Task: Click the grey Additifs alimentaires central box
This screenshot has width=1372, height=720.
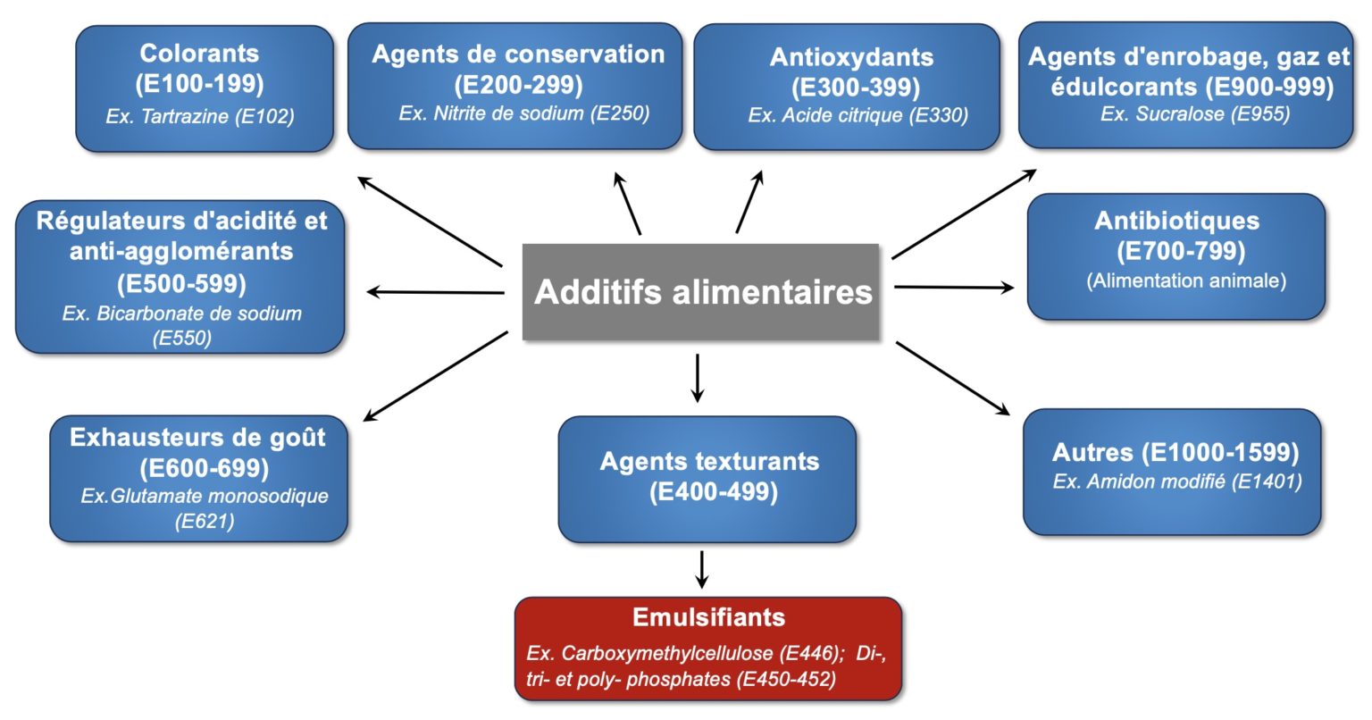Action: point(701,292)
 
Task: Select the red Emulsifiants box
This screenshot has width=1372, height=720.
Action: point(708,648)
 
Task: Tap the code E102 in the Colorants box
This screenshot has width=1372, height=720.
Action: point(264,116)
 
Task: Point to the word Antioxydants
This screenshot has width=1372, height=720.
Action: point(851,58)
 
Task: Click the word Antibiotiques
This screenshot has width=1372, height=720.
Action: point(1176,221)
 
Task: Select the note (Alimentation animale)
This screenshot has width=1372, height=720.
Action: point(1186,280)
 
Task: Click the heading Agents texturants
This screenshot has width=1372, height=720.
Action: point(709,462)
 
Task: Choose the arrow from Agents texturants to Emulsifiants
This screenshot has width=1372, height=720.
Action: point(702,569)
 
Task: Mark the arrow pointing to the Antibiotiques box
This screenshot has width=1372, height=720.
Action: point(954,288)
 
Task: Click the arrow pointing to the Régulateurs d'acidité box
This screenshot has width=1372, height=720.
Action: point(436,292)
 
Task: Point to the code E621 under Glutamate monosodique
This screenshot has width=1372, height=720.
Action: point(205,521)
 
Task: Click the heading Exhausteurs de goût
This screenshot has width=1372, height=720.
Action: point(197,438)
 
